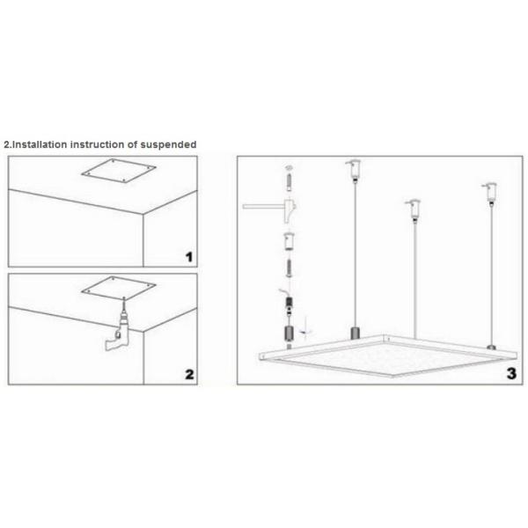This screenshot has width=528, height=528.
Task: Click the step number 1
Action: click(188, 257)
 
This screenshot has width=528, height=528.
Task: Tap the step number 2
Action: click(188, 373)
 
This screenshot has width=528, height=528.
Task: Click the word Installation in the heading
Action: click(40, 143)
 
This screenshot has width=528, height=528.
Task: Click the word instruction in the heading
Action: click(105, 143)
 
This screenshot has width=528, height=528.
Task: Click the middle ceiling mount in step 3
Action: click(410, 209)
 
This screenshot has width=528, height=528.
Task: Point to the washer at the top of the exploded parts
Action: click(288, 166)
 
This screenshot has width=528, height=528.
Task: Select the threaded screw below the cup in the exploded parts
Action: click(287, 268)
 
